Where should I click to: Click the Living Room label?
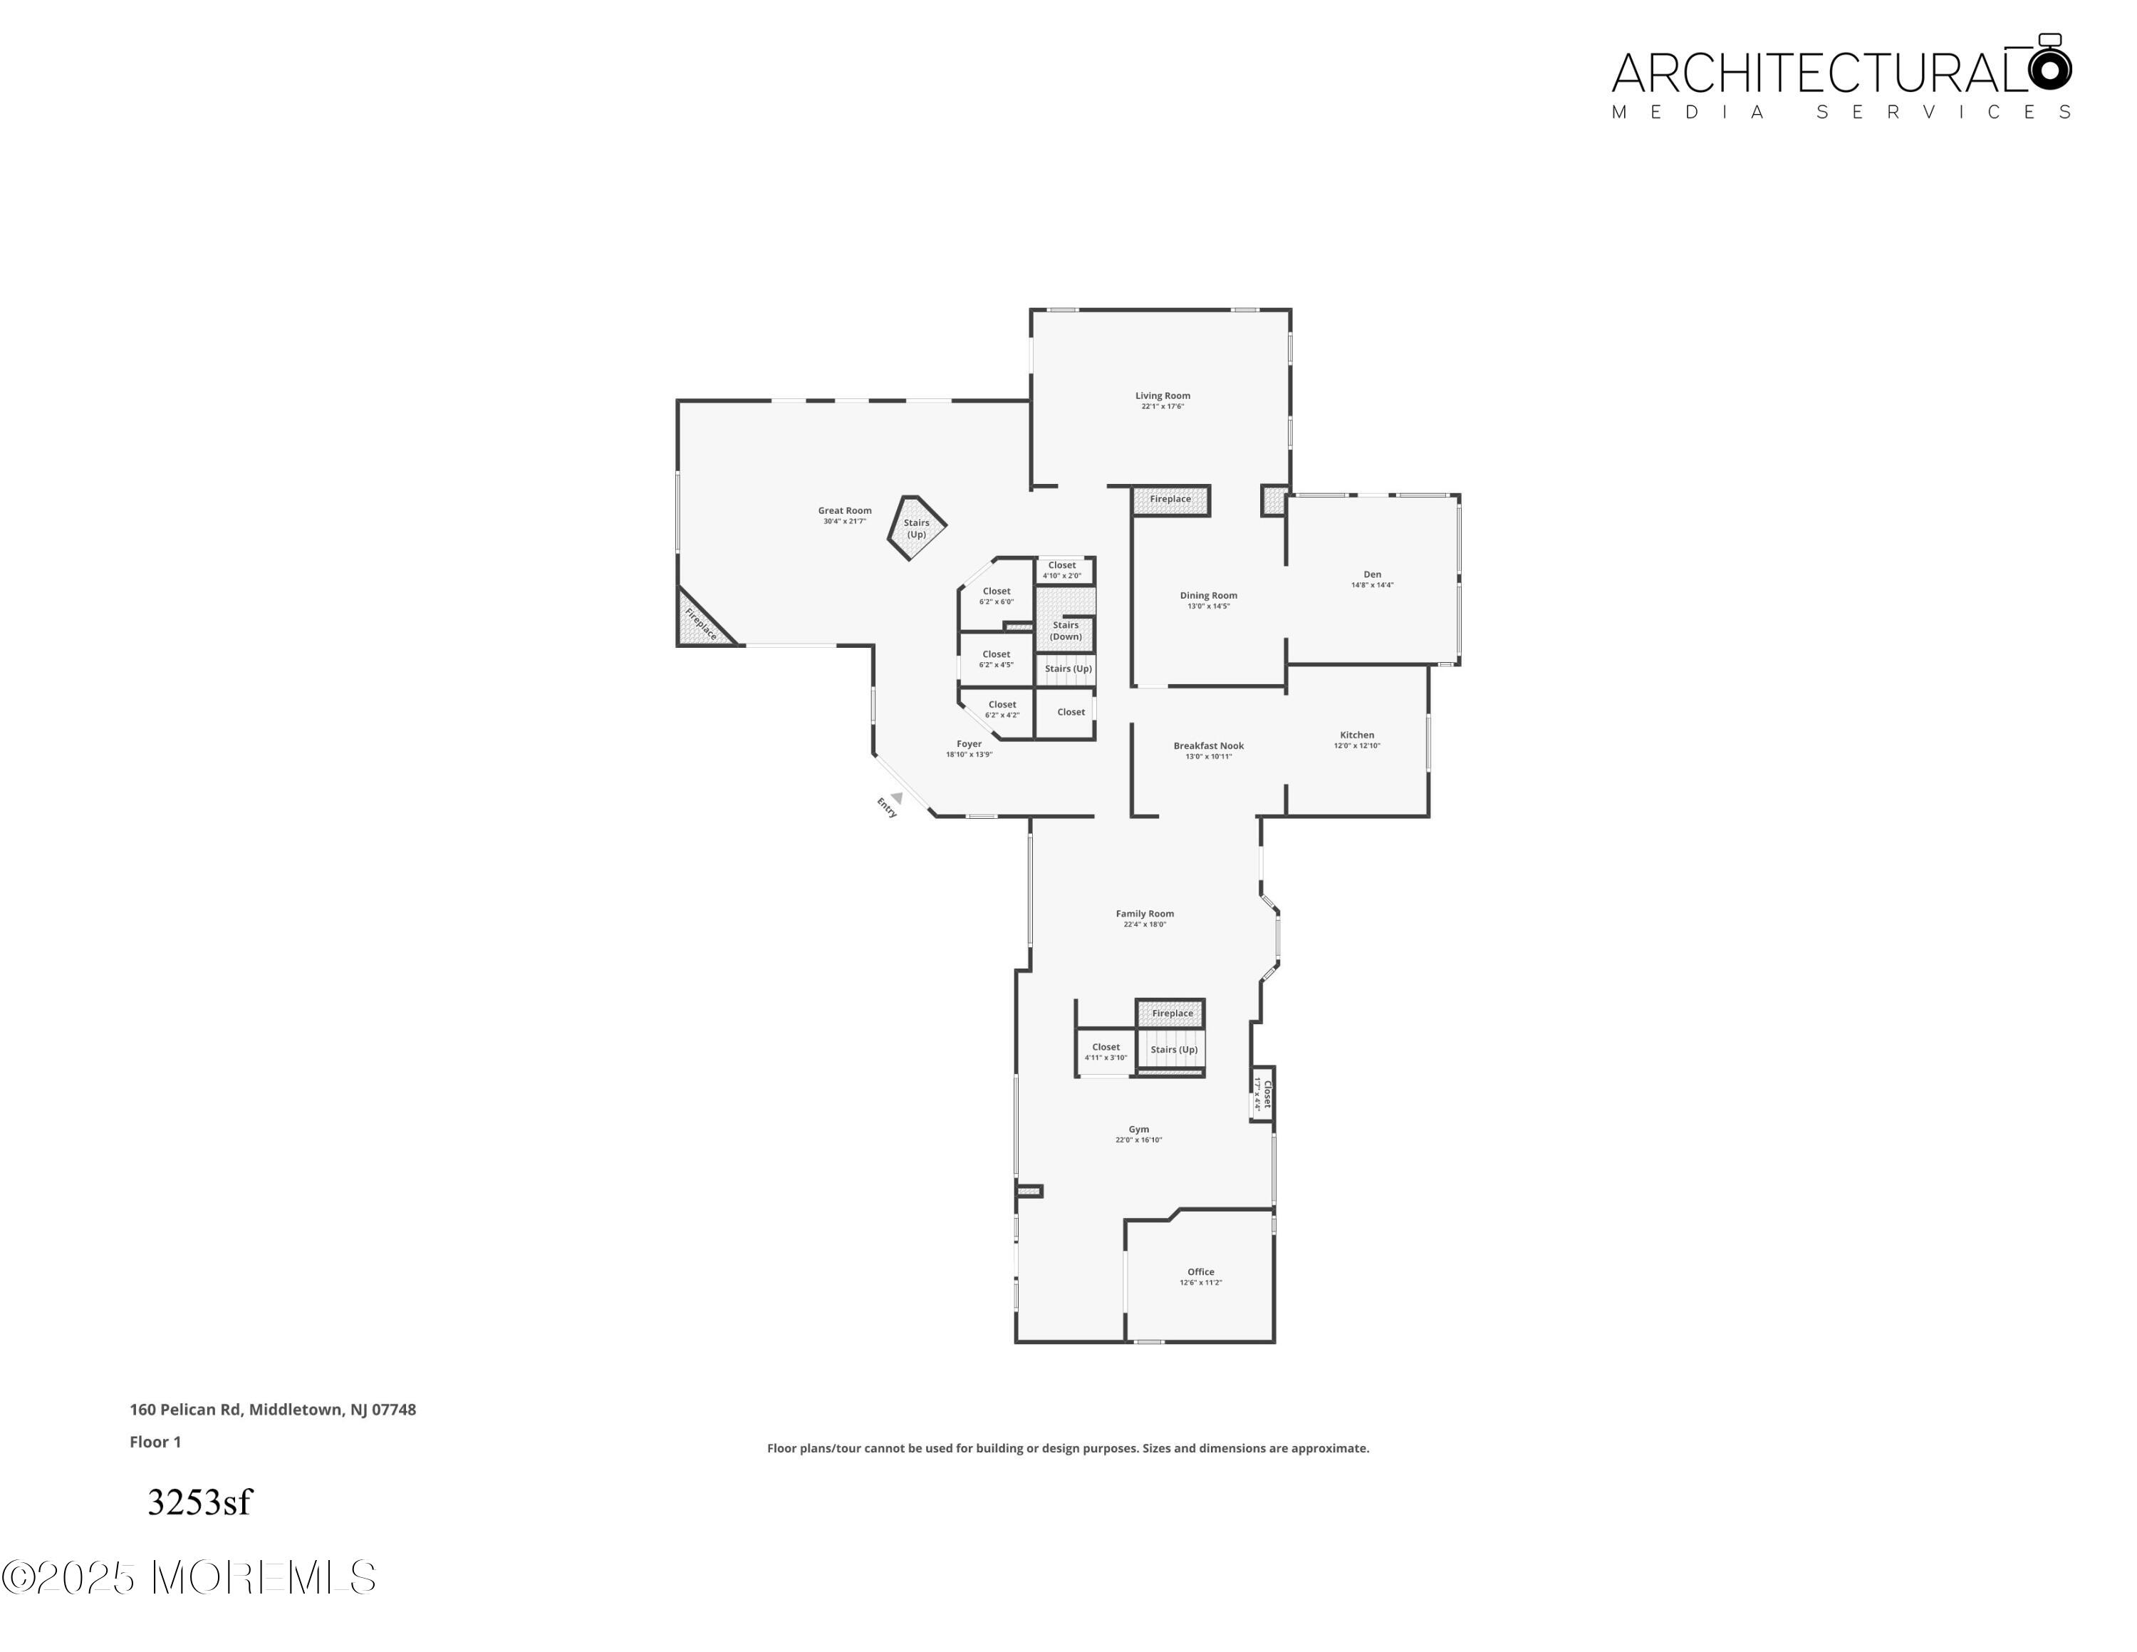coord(1163,396)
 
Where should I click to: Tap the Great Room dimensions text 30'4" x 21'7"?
coord(844,522)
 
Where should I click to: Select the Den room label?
coord(1372,574)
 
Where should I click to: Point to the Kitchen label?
coord(1356,735)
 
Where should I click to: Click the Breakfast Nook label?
coord(1208,745)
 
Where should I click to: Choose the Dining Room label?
coord(1208,595)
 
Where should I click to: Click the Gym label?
coord(1139,1130)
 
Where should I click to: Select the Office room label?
coord(1200,1272)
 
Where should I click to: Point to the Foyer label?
coord(969,744)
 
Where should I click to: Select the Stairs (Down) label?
coord(1066,630)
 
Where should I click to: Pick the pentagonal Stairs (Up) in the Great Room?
coord(917,529)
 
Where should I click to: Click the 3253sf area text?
coord(199,1502)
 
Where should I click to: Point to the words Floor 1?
coord(155,1442)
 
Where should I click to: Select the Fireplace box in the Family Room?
coord(1171,1013)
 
